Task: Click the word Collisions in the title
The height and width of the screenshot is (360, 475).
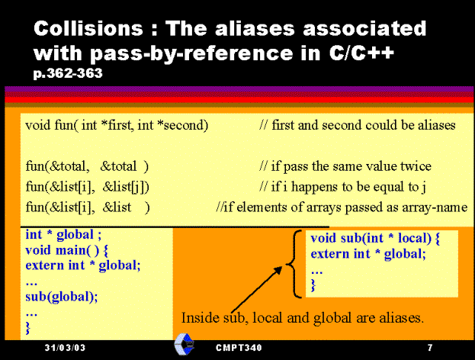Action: [x=88, y=28]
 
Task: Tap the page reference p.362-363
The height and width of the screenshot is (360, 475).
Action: [x=68, y=73]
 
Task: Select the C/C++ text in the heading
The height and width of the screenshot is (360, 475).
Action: [x=361, y=53]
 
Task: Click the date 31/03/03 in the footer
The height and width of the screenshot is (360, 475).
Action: [x=65, y=347]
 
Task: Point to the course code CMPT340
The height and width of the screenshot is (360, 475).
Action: [x=239, y=348]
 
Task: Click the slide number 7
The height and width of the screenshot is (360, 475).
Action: [x=430, y=347]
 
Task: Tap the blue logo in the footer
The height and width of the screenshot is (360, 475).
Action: [x=184, y=344]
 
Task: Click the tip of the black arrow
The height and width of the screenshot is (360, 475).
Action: [x=282, y=267]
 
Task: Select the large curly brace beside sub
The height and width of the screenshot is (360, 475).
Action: [x=294, y=264]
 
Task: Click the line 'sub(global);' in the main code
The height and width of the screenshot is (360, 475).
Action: [x=62, y=297]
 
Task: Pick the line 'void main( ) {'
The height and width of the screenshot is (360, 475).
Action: [x=66, y=250]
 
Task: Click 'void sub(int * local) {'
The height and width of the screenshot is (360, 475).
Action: [x=375, y=238]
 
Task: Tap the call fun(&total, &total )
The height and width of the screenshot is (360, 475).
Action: [x=87, y=166]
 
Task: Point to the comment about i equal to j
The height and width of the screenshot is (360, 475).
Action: [x=342, y=187]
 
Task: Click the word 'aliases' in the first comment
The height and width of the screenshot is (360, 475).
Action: [x=437, y=125]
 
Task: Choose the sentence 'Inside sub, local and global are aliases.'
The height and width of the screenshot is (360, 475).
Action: [x=303, y=318]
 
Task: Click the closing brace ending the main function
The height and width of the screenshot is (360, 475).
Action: [x=28, y=328]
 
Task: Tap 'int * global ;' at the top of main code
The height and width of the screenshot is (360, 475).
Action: [x=63, y=235]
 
